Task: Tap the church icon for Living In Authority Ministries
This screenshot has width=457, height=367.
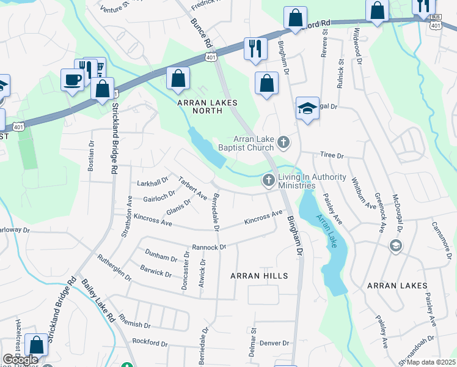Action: (268, 180)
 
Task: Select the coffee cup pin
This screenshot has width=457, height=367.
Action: (72, 80)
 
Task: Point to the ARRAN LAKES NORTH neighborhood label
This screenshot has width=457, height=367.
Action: (207, 108)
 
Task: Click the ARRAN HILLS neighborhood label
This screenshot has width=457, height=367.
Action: (258, 276)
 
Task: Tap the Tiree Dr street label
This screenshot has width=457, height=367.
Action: (332, 156)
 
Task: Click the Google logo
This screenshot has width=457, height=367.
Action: (20, 360)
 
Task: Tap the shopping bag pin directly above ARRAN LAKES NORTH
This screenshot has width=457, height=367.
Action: (178, 78)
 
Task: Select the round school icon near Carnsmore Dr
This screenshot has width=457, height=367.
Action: (395, 245)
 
